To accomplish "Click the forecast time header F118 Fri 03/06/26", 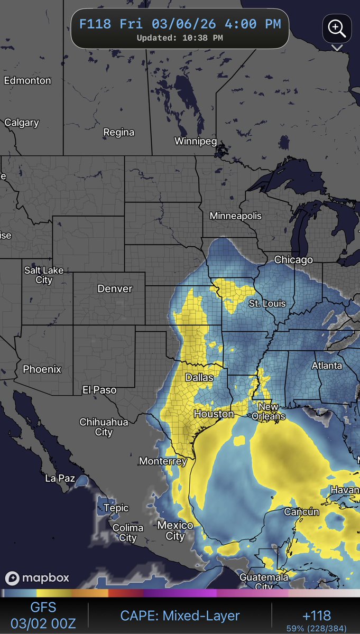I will (180, 24).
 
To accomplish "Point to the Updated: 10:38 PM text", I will (180, 38).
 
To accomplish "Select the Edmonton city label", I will (27, 81).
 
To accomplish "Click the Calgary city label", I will (22, 123).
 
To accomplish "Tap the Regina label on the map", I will (118, 132).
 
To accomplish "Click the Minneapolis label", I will (235, 216).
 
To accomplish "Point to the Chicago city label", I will (293, 260).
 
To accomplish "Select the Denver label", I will (115, 289).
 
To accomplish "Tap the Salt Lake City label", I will (44, 275).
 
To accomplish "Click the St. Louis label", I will (267, 303).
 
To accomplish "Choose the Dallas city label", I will (199, 378).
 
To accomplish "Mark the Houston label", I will (214, 414).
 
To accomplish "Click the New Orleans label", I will (271, 412).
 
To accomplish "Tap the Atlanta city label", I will (326, 366).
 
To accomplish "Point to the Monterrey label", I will (163, 461).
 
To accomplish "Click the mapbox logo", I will (38, 578).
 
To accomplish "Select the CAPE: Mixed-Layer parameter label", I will (180, 616).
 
